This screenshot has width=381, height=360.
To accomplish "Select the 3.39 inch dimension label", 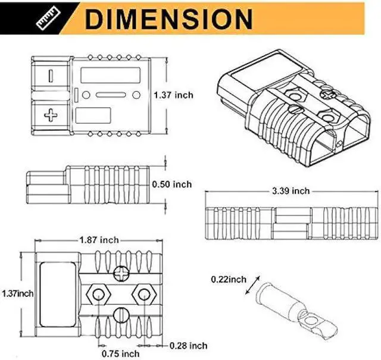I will pyautogui.click(x=290, y=191).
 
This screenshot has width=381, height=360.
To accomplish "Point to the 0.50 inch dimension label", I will pyautogui.click(x=172, y=184).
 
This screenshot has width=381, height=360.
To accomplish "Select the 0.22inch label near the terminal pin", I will pyautogui.click(x=228, y=279).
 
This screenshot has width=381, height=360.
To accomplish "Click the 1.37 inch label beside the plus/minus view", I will pyautogui.click(x=173, y=95).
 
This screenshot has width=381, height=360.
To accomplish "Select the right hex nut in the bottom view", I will pyautogui.click(x=143, y=293).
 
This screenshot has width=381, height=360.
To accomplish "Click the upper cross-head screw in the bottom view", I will pyautogui.click(x=120, y=274).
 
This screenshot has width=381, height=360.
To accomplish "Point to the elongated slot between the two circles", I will pyautogui.click(x=111, y=95).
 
